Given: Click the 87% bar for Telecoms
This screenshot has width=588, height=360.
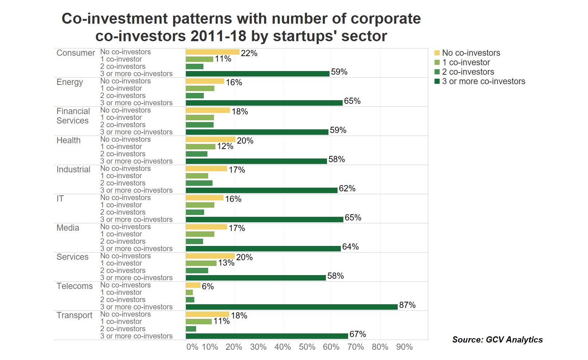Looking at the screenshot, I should point(292,307).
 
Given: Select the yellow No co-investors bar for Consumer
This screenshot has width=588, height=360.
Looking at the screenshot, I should point(213,52).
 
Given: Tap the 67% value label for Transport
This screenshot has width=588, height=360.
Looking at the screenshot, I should point(358,334).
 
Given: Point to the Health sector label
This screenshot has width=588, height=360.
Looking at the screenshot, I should point(69,140).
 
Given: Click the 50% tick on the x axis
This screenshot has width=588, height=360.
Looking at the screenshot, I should point(307,347).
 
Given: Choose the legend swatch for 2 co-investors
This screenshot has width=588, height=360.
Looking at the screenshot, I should point(437,72).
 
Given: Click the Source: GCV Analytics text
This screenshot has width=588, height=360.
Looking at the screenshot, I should point(497,340).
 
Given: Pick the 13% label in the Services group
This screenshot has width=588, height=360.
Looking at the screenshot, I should point(226,263).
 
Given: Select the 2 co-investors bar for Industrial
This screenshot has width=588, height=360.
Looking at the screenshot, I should point(199,183).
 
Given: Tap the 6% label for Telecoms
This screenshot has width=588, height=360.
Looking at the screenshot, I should point(208,286).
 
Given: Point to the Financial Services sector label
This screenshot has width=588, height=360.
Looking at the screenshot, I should point(73,116).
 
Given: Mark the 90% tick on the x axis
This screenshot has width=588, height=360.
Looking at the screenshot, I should point(404,347).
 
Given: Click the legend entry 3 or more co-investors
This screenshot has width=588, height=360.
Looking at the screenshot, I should point(483,81).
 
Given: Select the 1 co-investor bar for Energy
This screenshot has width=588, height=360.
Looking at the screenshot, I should point(200,88).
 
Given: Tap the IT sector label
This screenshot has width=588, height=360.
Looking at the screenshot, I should point(60,199).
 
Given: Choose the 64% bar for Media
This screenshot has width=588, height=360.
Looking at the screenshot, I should point(263,249).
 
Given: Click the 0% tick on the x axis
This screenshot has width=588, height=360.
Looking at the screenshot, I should point(192,347).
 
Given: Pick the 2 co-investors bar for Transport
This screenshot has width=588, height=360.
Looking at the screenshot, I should point(191,329).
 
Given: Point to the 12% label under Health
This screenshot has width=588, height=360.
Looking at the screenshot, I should point(225,146).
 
